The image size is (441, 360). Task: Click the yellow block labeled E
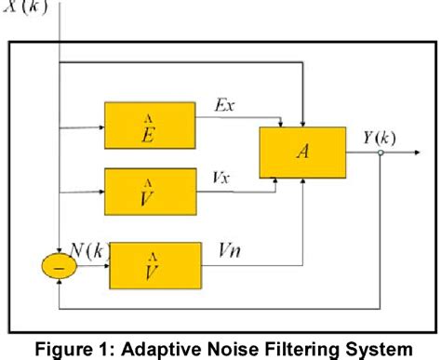[x=150, y=125]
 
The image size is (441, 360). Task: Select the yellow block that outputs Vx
[x=150, y=192]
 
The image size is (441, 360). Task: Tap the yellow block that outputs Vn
[x=155, y=266]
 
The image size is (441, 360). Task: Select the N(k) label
[x=90, y=248]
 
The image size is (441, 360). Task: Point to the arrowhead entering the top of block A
[x=301, y=121]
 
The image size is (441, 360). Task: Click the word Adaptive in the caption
[x=157, y=348]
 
